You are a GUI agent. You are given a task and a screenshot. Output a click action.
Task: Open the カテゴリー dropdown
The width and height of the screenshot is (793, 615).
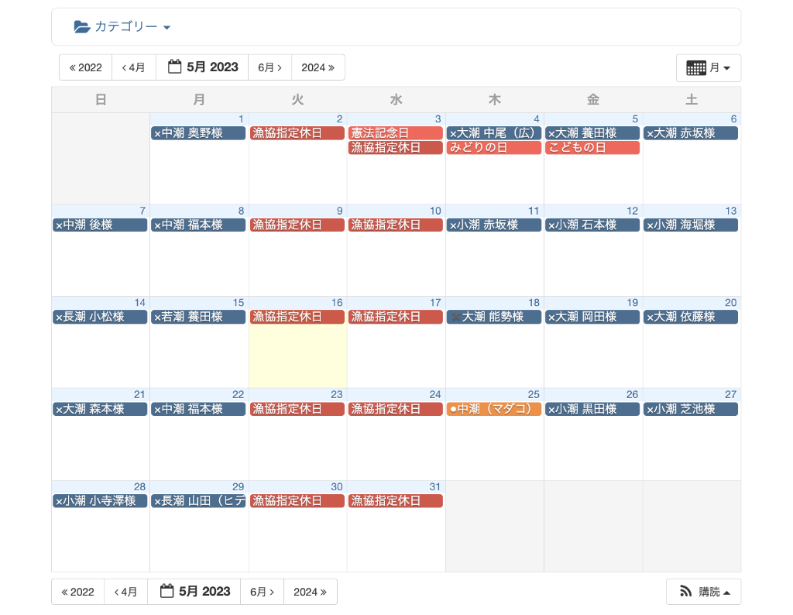pyautogui.click(x=122, y=27)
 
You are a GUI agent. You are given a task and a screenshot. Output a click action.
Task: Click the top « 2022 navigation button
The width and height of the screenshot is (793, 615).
pyautogui.click(x=86, y=67)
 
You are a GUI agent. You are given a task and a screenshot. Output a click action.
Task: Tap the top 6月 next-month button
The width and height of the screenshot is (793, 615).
pyautogui.click(x=269, y=67)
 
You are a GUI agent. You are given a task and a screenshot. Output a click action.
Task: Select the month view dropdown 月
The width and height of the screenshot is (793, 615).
pyautogui.click(x=709, y=68)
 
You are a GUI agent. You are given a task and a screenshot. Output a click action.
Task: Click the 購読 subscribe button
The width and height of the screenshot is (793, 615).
pyautogui.click(x=704, y=592)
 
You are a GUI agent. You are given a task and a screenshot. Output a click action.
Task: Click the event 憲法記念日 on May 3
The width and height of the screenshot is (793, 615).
pyautogui.click(x=395, y=133)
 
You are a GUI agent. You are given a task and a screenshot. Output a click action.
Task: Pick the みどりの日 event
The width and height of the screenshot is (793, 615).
pyautogui.click(x=493, y=148)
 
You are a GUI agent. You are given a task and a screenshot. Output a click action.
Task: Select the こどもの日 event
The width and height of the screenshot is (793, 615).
pyautogui.click(x=592, y=148)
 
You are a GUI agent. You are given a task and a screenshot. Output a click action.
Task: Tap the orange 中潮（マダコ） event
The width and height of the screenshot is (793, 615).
pyautogui.click(x=493, y=409)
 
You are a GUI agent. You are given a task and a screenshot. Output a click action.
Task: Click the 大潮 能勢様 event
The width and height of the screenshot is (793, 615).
pyautogui.click(x=493, y=317)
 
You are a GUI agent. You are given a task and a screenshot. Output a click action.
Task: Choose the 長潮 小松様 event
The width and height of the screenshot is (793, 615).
pyautogui.click(x=100, y=317)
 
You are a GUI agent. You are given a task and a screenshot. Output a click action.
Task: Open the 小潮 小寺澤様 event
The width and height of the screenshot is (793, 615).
pyautogui.click(x=100, y=501)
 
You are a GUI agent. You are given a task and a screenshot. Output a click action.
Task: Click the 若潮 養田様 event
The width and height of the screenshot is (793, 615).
pyautogui.click(x=198, y=317)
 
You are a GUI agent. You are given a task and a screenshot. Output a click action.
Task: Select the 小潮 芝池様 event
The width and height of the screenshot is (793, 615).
pyautogui.click(x=690, y=409)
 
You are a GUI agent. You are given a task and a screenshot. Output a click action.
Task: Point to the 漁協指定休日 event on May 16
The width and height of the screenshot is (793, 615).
pyautogui.click(x=297, y=317)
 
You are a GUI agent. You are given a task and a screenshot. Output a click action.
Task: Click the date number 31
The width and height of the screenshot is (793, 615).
pyautogui.click(x=434, y=486)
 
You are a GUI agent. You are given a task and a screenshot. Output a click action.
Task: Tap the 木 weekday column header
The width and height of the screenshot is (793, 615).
pyautogui.click(x=494, y=99)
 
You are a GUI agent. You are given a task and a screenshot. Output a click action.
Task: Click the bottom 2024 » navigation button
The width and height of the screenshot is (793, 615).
pyautogui.click(x=310, y=592)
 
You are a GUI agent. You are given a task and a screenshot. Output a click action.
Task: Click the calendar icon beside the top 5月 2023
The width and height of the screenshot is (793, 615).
pyautogui.click(x=175, y=67)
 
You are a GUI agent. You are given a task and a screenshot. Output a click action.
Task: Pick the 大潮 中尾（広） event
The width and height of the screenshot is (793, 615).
pyautogui.click(x=493, y=133)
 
